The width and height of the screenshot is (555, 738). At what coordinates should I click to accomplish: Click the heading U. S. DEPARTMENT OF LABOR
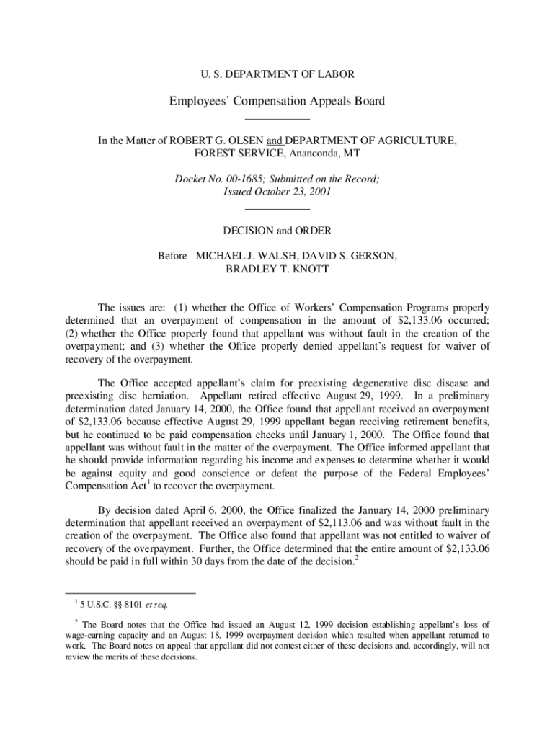coord(277,74)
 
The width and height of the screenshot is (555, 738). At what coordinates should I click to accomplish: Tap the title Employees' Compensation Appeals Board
coord(277,101)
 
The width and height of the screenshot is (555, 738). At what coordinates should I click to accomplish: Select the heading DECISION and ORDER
coord(277,231)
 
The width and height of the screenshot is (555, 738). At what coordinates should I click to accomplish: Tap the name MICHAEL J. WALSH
coord(243,257)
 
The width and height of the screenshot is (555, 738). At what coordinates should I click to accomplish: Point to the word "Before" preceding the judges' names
coord(172,257)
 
